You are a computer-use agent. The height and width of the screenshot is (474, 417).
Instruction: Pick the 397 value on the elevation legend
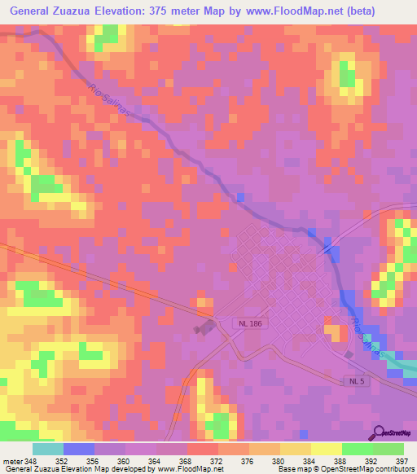point(402,460)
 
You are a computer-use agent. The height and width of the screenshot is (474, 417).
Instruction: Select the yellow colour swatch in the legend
point(327,449)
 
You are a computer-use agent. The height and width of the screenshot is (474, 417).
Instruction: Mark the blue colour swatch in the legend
point(79,449)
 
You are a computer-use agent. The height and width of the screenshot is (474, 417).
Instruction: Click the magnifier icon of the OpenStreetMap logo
point(380,432)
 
